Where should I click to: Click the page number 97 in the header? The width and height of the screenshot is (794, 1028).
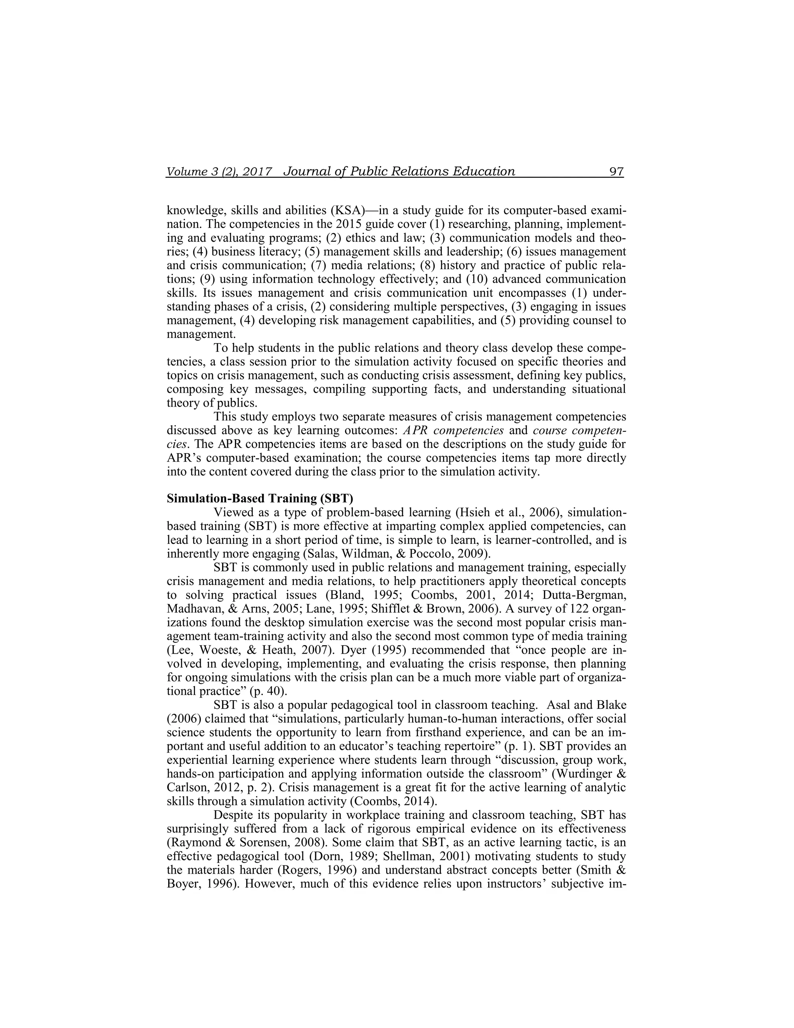[x=616, y=171]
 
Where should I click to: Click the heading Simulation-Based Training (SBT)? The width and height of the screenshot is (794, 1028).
[x=260, y=498]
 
